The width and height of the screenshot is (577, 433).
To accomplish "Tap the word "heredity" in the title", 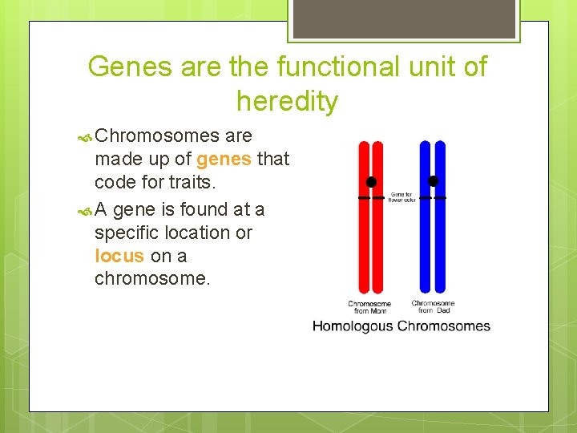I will [x=287, y=102].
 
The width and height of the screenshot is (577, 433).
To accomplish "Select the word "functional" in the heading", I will [x=313, y=67].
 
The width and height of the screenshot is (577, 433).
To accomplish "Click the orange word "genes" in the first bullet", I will [x=224, y=159].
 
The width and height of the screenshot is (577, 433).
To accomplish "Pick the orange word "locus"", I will [x=119, y=256].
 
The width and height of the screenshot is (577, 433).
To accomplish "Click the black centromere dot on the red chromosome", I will [x=371, y=182].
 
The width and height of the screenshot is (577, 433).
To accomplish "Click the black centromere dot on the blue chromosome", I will [x=434, y=181].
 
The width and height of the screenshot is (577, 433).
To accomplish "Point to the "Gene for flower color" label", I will [x=400, y=196].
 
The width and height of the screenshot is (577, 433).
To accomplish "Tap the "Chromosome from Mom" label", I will [x=369, y=307].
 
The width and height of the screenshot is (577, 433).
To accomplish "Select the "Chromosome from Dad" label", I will [x=433, y=306].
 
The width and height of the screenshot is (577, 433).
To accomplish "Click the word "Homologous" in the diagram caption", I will [x=353, y=326].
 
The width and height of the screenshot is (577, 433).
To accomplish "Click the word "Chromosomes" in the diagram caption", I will [x=443, y=326].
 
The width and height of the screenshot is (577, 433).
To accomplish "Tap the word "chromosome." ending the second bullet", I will [x=152, y=279].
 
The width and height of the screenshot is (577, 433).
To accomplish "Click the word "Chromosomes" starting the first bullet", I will [x=157, y=136].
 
